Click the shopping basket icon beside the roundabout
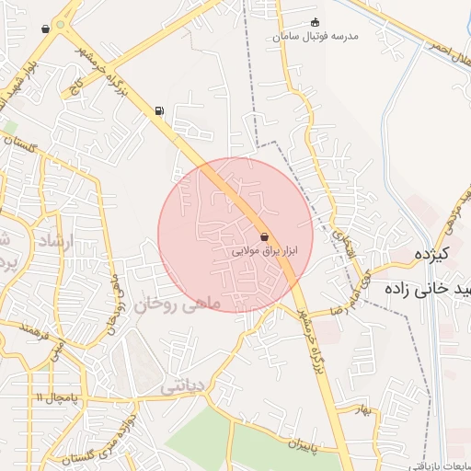[x=45, y=29]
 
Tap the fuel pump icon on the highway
[x=160, y=111]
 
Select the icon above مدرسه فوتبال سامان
[x=316, y=22]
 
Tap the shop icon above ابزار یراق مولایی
[x=265, y=235]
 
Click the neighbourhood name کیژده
[x=431, y=254]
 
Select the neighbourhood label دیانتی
[x=181, y=387]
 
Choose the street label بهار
[x=365, y=411]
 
